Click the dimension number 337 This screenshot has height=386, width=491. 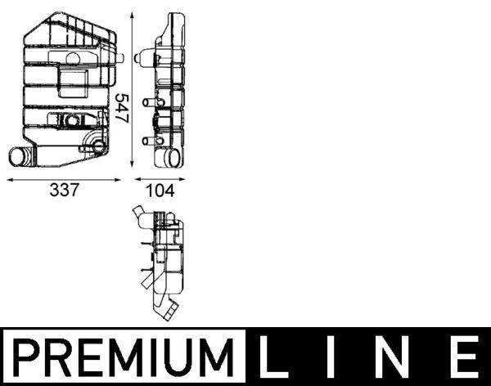click(x=65, y=190)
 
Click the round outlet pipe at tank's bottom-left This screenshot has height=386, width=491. click(x=18, y=155)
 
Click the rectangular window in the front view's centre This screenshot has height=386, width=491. click(x=74, y=79)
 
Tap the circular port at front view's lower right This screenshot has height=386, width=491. click(x=99, y=146)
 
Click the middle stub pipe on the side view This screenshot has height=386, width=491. click(x=146, y=103)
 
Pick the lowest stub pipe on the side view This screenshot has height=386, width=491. click(x=146, y=141)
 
